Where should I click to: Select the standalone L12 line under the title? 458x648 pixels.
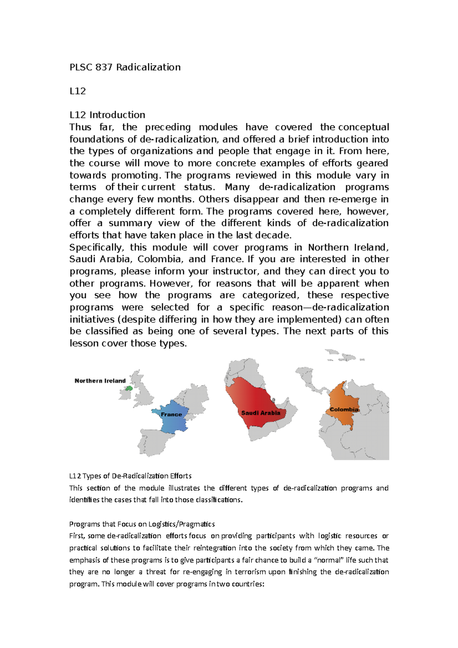(x=77, y=91)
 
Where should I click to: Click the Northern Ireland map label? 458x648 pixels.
(x=100, y=381)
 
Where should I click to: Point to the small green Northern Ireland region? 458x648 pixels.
(x=129, y=388)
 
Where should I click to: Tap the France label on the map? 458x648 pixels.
(x=171, y=414)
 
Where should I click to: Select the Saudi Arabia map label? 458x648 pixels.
(x=261, y=413)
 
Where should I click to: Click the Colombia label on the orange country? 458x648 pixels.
(x=344, y=409)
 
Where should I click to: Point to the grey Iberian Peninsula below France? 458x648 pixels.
(x=155, y=443)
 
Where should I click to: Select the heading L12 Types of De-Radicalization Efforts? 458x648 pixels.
(x=130, y=476)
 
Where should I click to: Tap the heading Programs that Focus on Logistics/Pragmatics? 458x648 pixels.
(x=142, y=524)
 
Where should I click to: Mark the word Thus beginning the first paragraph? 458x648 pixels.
(x=80, y=127)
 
